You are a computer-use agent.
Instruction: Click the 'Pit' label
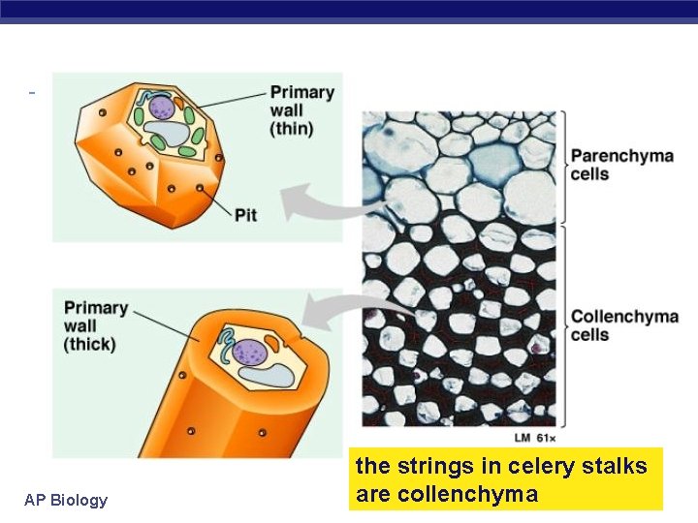click(245, 214)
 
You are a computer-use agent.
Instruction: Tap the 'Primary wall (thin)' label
click(302, 110)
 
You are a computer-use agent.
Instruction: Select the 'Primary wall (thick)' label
click(96, 325)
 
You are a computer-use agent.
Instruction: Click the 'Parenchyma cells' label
click(621, 165)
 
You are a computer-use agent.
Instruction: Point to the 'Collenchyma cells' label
click(624, 325)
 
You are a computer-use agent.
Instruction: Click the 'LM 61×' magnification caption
click(535, 438)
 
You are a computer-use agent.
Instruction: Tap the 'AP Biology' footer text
click(66, 500)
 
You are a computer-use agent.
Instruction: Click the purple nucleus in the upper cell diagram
click(161, 107)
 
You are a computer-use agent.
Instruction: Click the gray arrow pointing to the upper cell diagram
click(320, 202)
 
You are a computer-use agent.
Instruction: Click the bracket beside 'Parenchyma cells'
click(562, 165)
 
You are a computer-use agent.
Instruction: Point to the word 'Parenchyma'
click(621, 156)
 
